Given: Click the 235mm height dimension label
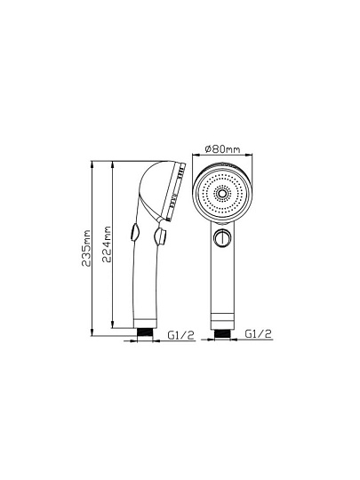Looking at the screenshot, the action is [86, 248].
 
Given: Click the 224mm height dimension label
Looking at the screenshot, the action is [107, 244].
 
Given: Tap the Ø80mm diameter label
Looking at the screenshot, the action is [222, 149].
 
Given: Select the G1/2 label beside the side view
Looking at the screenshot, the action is [181, 335].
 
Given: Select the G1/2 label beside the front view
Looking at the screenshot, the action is [259, 333].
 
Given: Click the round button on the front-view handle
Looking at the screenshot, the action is [221, 238].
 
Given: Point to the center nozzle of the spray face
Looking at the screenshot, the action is [221, 194].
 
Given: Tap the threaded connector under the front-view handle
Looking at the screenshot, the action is [223, 333].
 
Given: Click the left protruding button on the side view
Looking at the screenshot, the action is [135, 232].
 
